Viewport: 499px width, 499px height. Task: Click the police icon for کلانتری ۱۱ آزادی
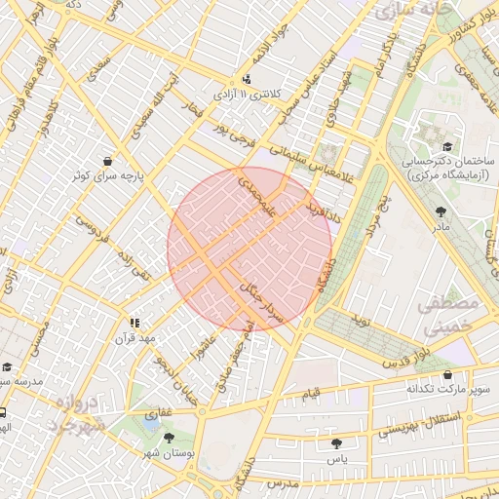(x=246, y=80)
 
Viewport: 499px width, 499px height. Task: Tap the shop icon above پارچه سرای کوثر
(x=105, y=162)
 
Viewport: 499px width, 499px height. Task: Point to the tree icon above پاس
(x=336, y=442)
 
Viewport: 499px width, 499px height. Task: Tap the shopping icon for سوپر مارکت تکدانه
(x=447, y=374)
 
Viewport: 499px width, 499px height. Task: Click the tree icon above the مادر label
(x=441, y=211)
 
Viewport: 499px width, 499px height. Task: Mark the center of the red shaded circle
(x=249, y=249)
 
